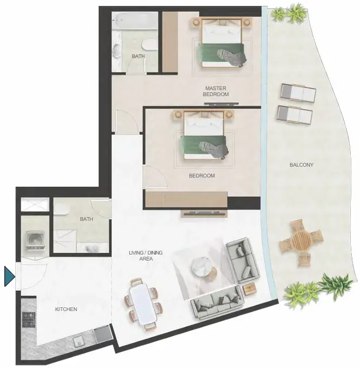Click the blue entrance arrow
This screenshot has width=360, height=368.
coord(9,276)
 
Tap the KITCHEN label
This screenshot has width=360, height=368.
coord(66,309)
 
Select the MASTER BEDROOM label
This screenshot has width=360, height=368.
coord(216,91)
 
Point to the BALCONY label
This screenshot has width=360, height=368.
coord(301,165)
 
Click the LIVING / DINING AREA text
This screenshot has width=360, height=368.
coord(146,256)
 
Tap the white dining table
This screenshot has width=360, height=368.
coord(143,303)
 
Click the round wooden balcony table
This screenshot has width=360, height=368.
coord(301,243)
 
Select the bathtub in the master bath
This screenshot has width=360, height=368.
coord(134,21)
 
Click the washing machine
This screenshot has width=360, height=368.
coord(35,240)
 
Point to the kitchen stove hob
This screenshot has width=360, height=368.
coord(29,319)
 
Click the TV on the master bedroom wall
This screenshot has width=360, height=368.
coord(221,104)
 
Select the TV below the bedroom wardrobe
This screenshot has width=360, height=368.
coord(204,213)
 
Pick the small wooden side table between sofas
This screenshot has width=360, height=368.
coord(249,289)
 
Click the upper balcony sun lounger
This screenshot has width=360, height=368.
coord(298,93)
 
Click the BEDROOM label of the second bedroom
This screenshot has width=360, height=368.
coord(202,175)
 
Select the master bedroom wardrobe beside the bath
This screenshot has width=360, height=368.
coord(170,42)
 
